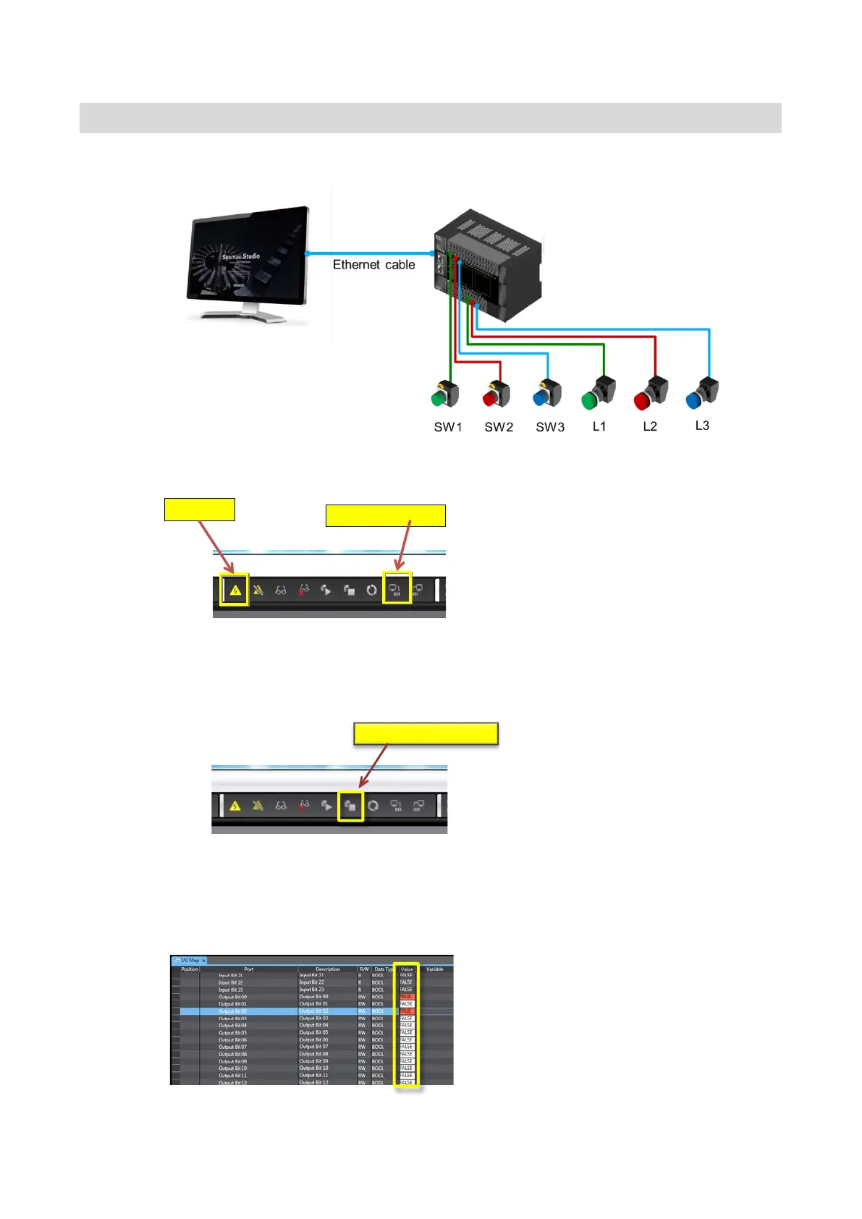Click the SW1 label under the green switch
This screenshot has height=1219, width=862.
[448, 427]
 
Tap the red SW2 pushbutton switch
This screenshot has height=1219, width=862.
[497, 395]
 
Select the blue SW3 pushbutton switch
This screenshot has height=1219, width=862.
[547, 395]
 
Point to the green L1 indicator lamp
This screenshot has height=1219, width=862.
[598, 393]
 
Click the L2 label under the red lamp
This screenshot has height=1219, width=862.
[650, 426]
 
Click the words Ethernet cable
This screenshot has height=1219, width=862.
[373, 265]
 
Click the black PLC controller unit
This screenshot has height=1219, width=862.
[489, 268]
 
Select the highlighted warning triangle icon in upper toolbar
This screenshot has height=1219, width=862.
[234, 591]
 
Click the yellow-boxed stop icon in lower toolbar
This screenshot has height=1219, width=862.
[350, 806]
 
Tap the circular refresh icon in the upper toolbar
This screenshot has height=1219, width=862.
[371, 590]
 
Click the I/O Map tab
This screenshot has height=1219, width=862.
[190, 961]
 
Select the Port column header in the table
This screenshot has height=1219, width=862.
[248, 969]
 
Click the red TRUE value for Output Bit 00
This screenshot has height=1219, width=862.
[406, 997]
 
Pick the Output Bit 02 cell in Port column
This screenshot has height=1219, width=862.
[232, 1011]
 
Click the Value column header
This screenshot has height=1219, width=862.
[407, 969]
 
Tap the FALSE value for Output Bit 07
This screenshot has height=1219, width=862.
[406, 1047]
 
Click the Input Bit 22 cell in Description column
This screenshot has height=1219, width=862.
[312, 982]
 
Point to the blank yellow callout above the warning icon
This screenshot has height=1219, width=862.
[200, 510]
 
